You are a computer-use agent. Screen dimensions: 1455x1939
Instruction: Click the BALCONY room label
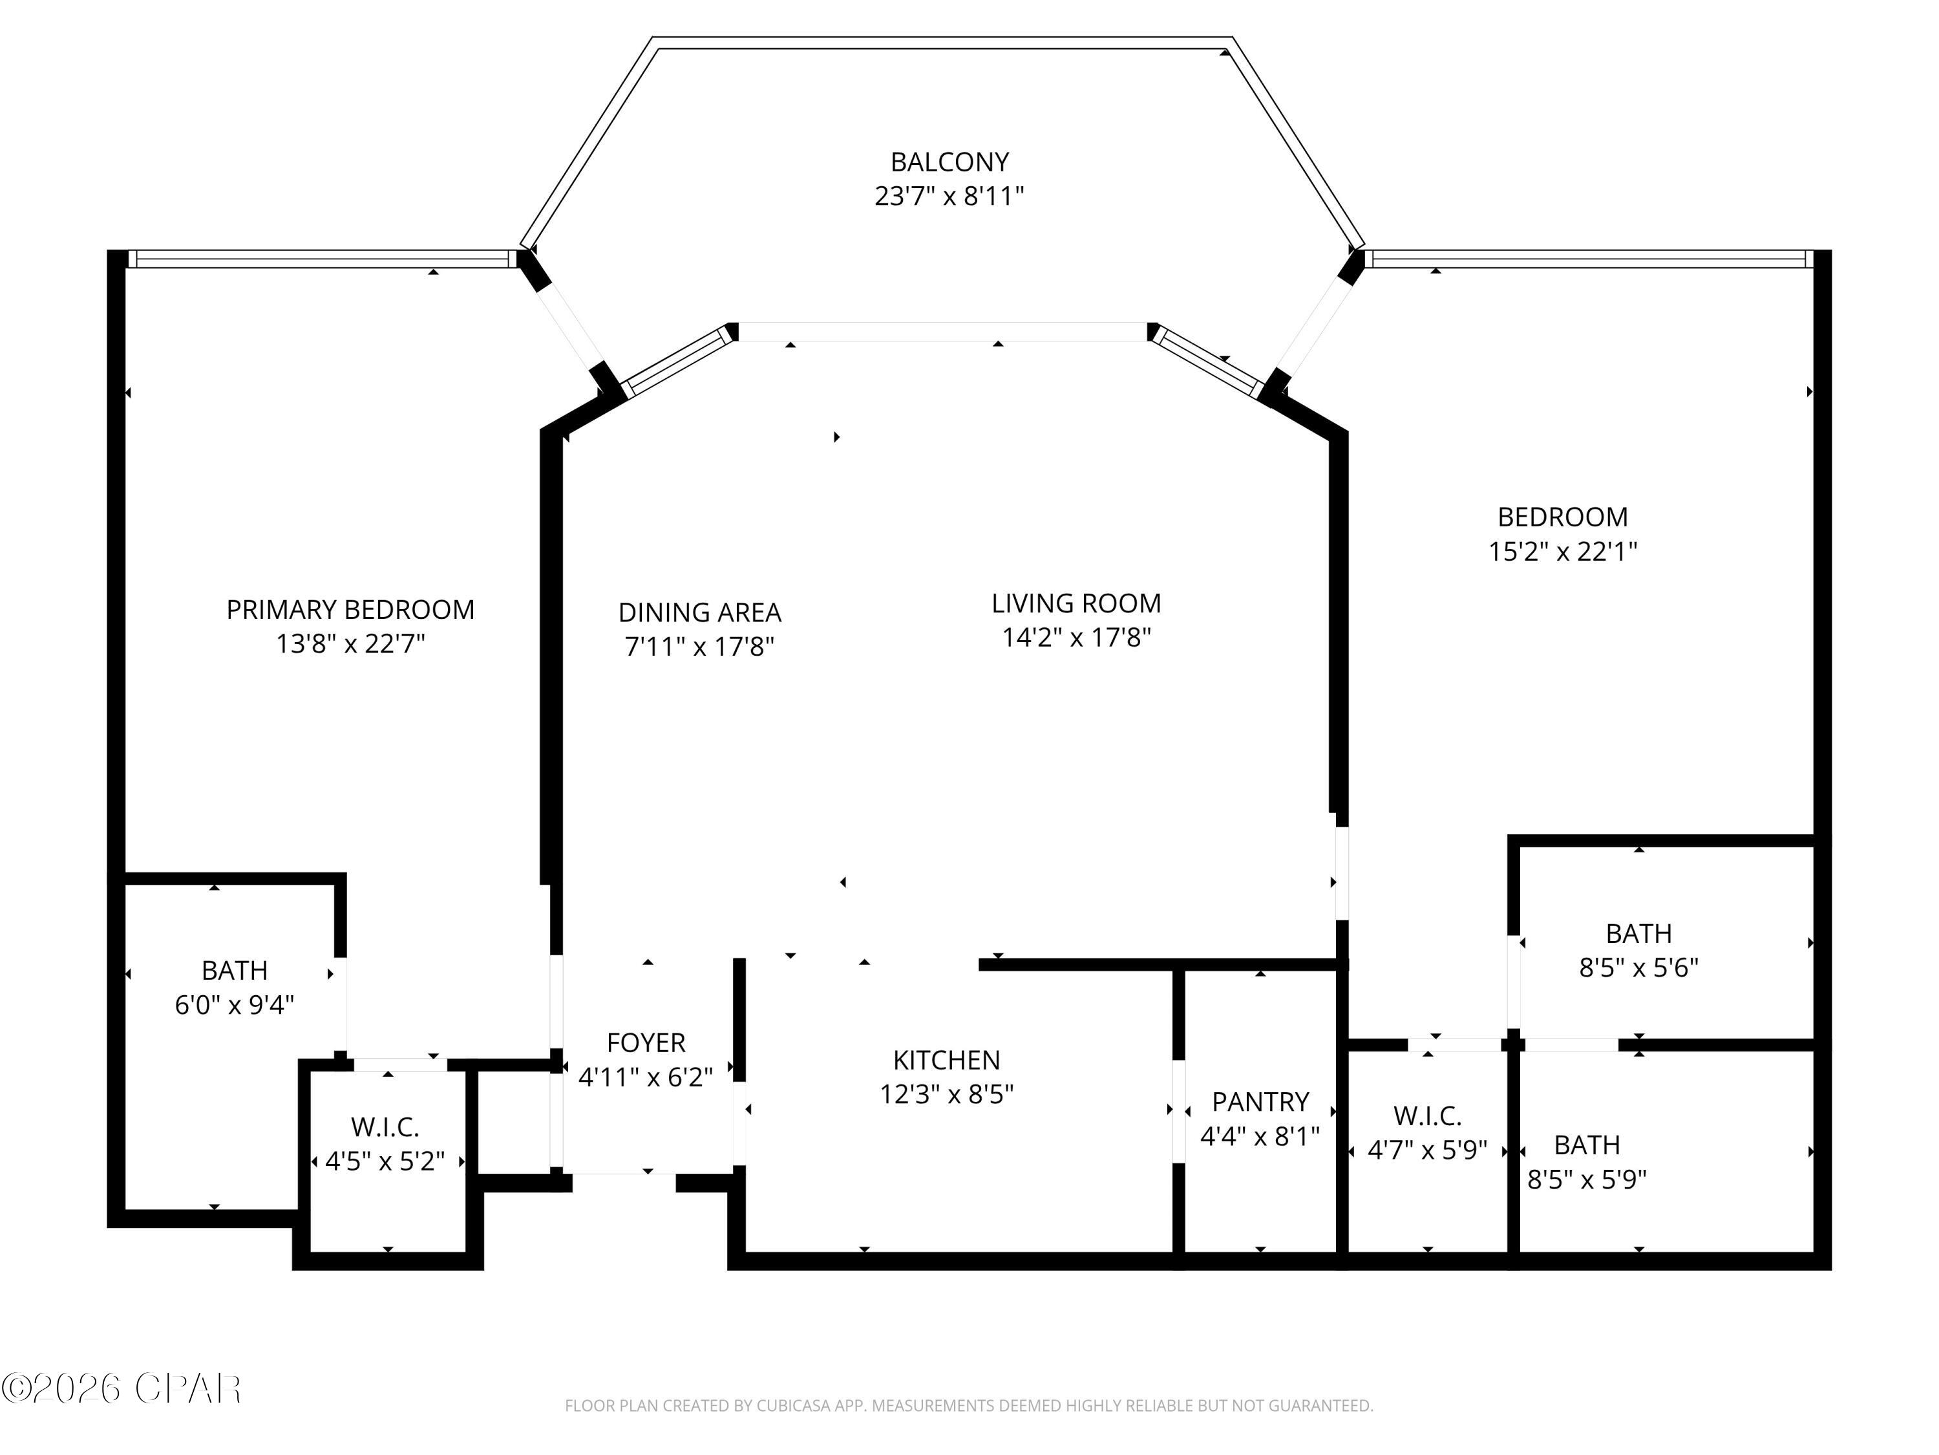point(949,162)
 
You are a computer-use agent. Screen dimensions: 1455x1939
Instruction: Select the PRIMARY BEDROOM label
point(350,610)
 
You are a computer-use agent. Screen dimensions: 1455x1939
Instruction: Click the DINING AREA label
point(699,613)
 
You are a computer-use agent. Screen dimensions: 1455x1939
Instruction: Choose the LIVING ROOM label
point(1075,603)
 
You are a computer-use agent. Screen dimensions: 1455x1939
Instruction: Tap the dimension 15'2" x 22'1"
point(1562,552)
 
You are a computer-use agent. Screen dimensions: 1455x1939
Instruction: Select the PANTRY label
point(1260,1101)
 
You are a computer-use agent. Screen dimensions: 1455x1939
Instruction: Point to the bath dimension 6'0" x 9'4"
point(234,1005)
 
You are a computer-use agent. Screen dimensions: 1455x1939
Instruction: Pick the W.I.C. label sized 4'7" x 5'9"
point(1427,1116)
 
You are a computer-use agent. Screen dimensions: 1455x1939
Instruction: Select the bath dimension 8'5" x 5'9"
point(1587,1180)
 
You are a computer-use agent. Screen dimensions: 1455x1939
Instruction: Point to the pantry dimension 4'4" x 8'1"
point(1260,1137)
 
